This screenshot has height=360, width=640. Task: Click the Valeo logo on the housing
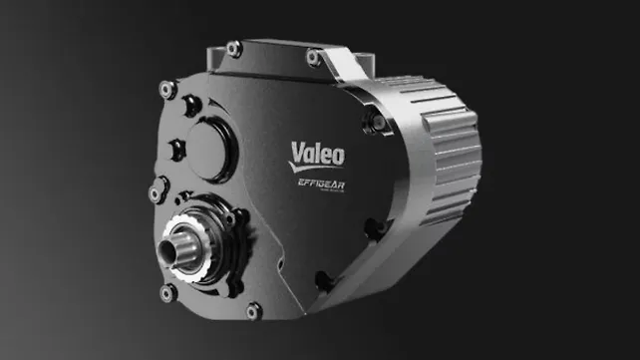[316, 155]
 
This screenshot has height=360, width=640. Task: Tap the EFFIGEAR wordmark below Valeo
[316, 183]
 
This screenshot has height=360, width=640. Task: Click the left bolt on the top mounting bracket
[234, 48]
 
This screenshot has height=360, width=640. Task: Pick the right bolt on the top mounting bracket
[313, 57]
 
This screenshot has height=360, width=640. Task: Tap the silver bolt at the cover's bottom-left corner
[168, 293]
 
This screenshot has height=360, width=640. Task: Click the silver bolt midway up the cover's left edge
[157, 186]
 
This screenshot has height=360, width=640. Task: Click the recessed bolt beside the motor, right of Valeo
[379, 123]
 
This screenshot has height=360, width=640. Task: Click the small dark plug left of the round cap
[176, 150]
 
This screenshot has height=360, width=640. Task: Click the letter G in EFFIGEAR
[316, 183]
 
